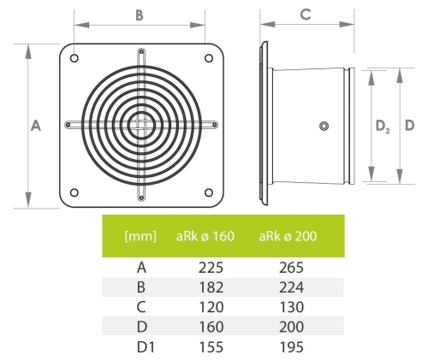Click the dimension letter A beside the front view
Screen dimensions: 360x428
click(36, 125)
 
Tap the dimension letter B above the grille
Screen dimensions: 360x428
click(140, 15)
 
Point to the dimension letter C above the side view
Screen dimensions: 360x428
click(304, 15)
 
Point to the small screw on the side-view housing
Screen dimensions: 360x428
click(323, 126)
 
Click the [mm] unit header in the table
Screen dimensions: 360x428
click(140, 235)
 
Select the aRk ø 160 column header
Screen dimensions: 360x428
click(205, 235)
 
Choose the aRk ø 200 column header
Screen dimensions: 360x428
click(288, 235)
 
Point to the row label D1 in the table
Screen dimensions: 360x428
click(140, 346)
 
